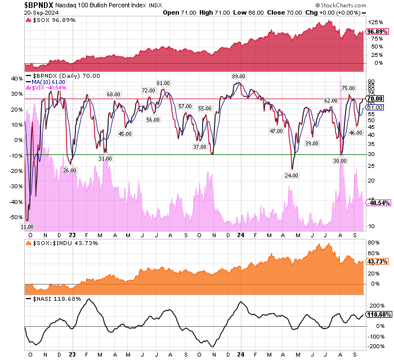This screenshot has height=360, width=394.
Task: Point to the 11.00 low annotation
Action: click(27, 226)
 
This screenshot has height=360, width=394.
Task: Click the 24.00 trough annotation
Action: click(292, 175)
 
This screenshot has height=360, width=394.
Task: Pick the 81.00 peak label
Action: click(163, 83)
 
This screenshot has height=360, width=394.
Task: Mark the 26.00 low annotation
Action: click(69, 170)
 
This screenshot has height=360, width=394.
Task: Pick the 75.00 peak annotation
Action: click(348, 88)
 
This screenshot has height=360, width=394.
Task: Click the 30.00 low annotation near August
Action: click(339, 160)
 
